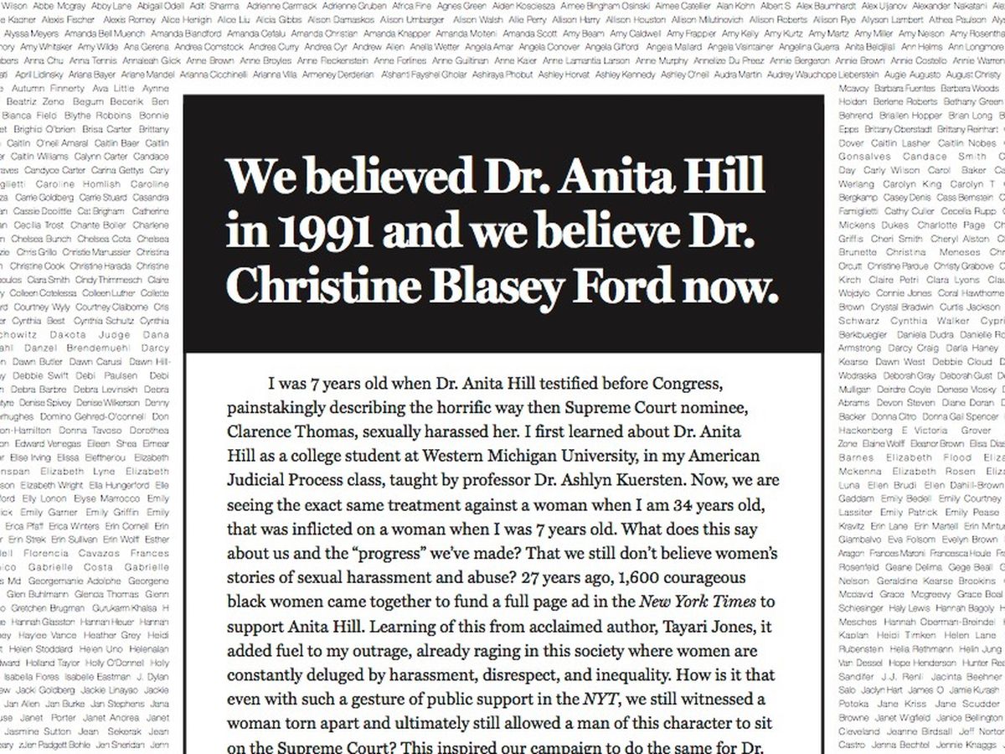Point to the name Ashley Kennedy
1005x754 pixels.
[x=625, y=75]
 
